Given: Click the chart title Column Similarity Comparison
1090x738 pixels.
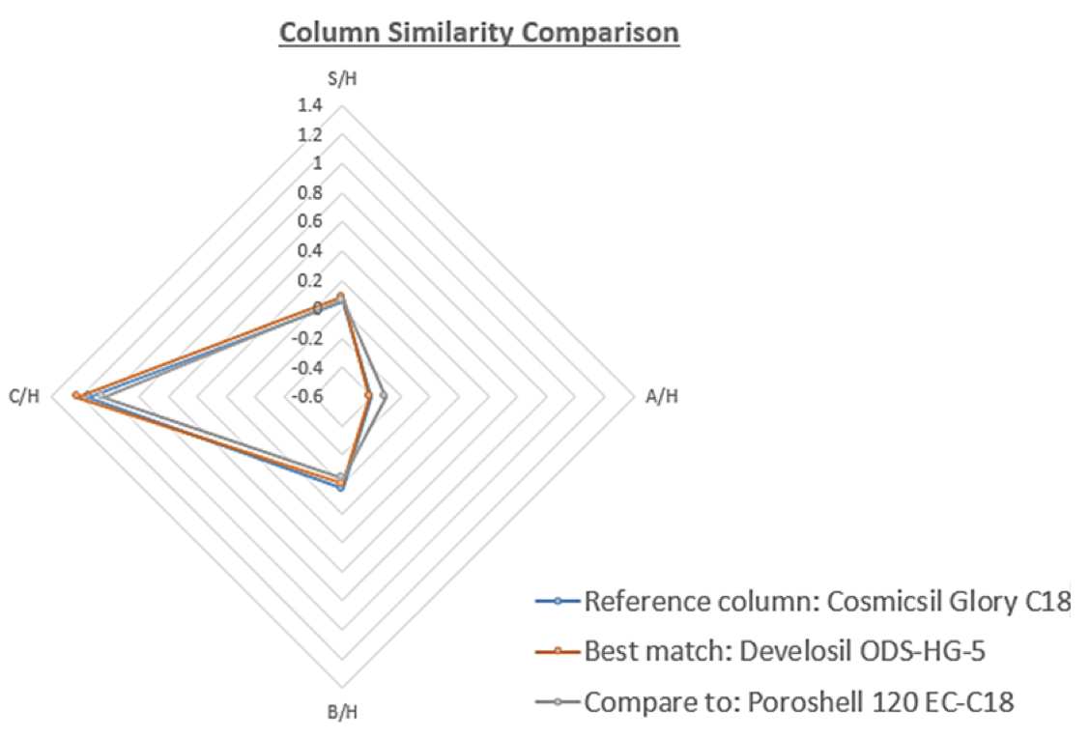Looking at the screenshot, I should (479, 33).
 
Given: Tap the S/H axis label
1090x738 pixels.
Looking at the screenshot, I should (342, 79).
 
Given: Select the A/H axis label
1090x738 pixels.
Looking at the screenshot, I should (661, 397).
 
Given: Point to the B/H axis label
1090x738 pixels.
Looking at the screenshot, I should (342, 715).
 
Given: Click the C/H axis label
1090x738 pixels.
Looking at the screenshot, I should (24, 397).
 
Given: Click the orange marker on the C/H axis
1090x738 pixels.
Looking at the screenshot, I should (76, 395).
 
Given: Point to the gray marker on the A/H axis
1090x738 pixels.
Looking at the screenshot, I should (384, 395).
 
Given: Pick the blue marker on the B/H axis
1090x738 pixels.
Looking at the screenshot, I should (340, 488).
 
